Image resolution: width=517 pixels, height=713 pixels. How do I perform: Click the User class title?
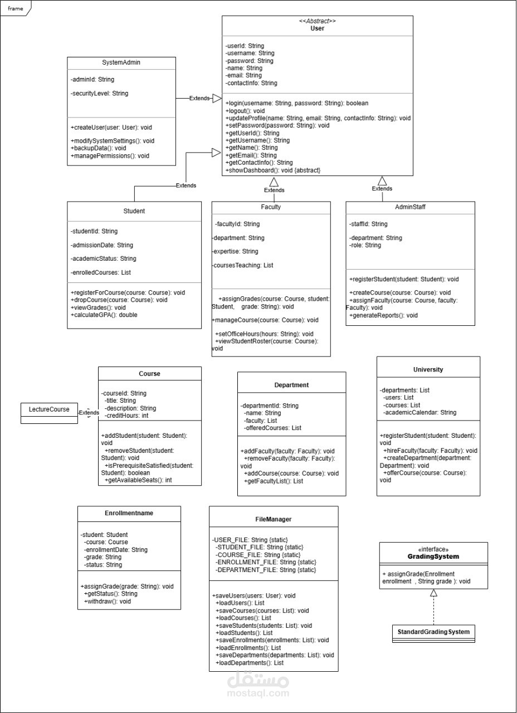click(317, 28)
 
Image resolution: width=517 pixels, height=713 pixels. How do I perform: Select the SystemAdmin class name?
click(121, 62)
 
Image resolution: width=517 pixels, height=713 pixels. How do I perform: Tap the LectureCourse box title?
click(49, 409)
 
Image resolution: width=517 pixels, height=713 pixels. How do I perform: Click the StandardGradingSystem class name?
click(433, 632)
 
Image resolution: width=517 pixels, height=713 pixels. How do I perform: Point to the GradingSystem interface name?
click(433, 556)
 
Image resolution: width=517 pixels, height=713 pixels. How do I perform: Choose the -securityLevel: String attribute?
click(99, 93)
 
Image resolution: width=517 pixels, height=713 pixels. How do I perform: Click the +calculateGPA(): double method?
click(104, 315)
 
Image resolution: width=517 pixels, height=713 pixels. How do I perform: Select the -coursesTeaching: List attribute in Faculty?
click(242, 265)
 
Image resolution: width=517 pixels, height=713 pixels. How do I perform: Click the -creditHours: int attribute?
click(126, 416)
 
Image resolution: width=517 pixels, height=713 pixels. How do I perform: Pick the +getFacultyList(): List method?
click(274, 481)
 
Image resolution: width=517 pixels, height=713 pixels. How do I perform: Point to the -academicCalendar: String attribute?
click(420, 413)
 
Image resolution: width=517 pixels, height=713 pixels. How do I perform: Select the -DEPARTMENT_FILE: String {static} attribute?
click(266, 570)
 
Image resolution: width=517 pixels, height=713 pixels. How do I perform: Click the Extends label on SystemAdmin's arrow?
click(199, 99)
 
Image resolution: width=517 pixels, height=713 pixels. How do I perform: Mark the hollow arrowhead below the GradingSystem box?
click(433, 593)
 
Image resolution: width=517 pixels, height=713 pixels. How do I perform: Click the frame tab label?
click(15, 8)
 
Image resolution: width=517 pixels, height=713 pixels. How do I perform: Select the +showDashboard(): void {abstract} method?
click(273, 170)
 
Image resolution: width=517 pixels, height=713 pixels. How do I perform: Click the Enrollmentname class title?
click(129, 513)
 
